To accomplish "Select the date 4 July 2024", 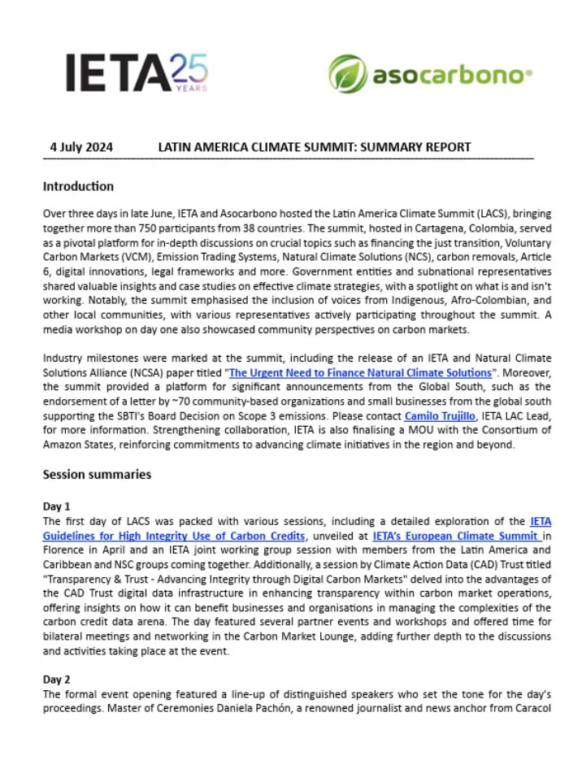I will (81, 147).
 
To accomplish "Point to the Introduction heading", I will (78, 186).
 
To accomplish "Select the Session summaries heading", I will (97, 474).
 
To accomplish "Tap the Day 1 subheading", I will (57, 506).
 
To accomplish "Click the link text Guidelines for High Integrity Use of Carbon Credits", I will (174, 536).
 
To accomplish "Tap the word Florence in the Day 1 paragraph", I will (67, 549).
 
